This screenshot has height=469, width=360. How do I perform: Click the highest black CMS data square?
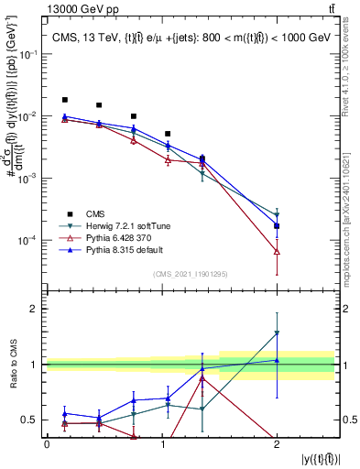coord(64,100)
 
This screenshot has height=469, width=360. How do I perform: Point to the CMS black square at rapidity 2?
coord(277,225)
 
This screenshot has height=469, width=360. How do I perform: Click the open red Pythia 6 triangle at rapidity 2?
coord(277,251)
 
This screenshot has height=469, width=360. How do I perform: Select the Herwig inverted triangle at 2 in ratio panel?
coord(277,333)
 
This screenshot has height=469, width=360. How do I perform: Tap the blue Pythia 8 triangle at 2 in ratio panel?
coord(277,360)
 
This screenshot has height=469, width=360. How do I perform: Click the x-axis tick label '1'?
coord(161,444)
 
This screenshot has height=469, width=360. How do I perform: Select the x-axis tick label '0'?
coord(47,444)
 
